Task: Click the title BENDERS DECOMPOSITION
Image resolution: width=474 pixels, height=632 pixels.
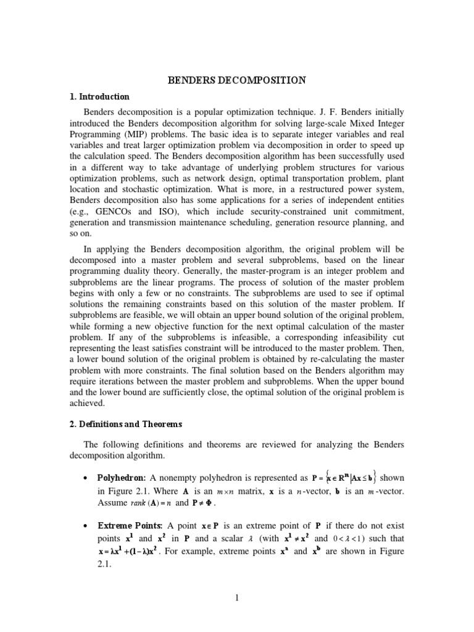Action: (237, 80)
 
